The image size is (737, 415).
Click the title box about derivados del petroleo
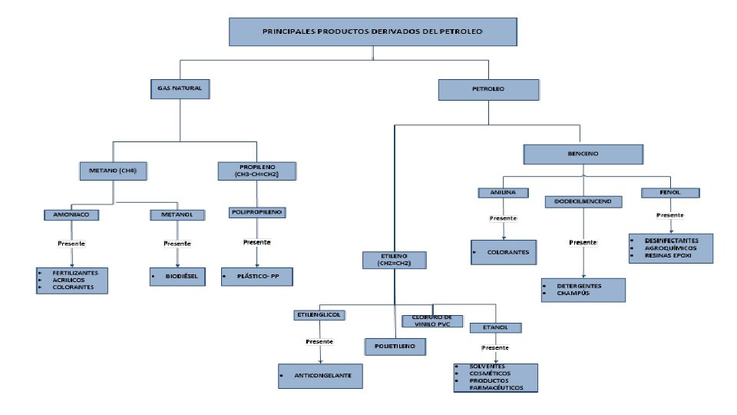tap(372, 32)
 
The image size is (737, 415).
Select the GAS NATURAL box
tap(179, 89)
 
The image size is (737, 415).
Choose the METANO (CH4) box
tap(113, 171)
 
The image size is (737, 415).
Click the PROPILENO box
tap(247, 171)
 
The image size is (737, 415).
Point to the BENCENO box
tap(584, 153)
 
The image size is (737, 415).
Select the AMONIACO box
tap(71, 215)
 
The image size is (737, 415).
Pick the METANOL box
tap(177, 215)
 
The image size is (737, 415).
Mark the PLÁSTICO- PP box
tap(258, 275)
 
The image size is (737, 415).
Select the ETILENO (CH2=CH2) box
tap(395, 259)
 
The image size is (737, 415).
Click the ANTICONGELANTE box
tap(320, 375)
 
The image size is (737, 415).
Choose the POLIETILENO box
tap(395, 347)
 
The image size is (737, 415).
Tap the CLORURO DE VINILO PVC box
tap(432, 321)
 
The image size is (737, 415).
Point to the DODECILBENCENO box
tap(583, 202)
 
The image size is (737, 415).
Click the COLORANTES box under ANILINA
tap(504, 251)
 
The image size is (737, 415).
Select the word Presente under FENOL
tap(671, 215)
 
